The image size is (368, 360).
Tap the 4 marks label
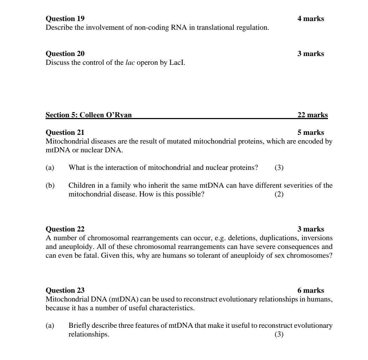(x=311, y=19)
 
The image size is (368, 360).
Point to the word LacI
(x=178, y=63)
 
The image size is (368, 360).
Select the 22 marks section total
(x=312, y=115)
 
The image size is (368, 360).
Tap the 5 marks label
(x=311, y=132)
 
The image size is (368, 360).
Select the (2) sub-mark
(x=279, y=194)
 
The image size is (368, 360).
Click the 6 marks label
(x=311, y=290)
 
